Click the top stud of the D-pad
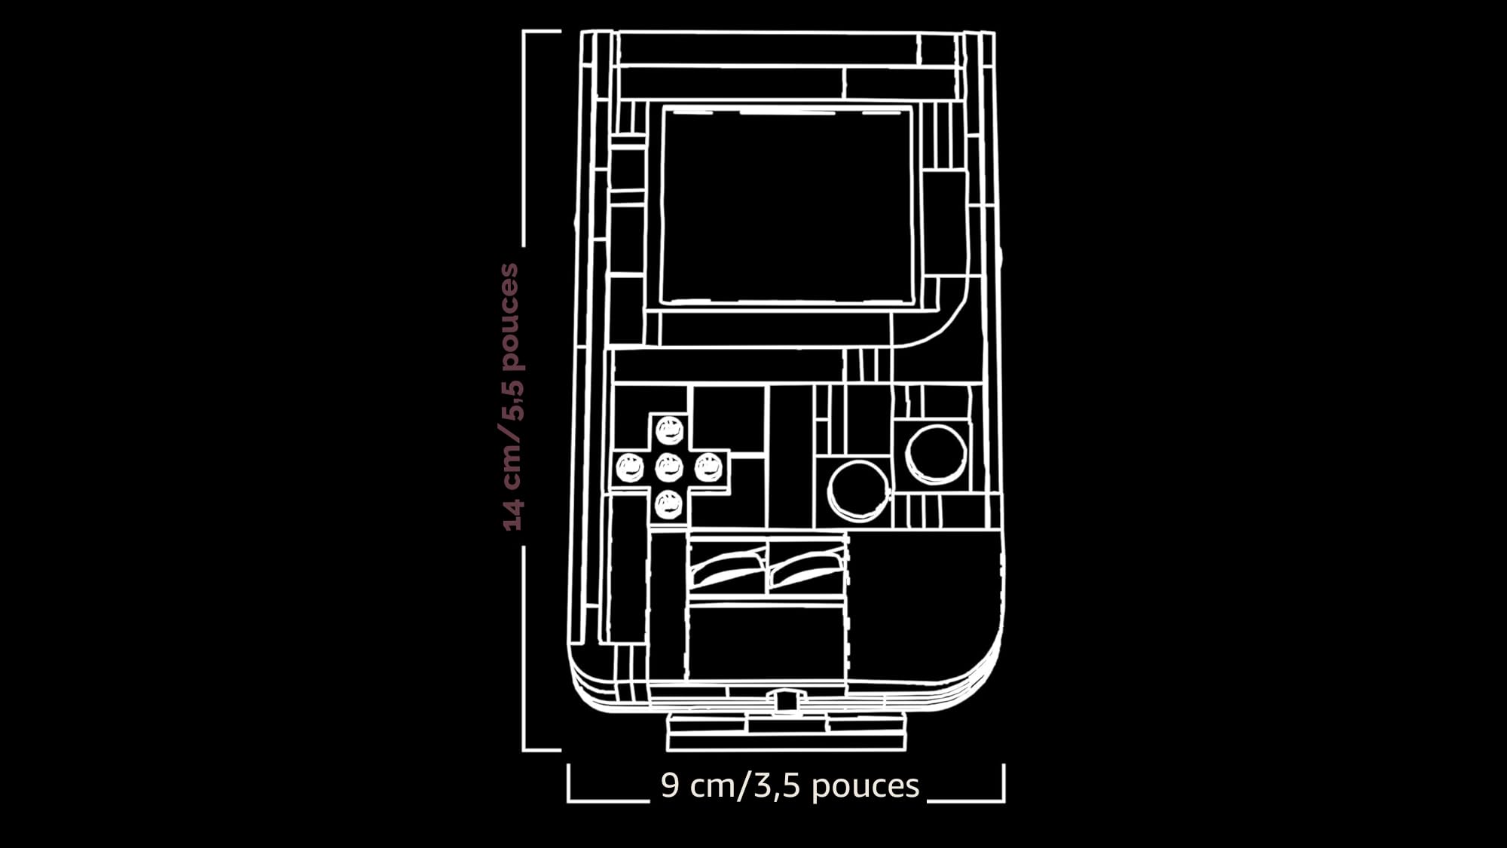[669, 431]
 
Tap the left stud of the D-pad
[630, 468]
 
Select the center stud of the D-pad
[669, 468]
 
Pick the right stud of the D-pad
[708, 468]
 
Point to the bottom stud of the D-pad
[669, 504]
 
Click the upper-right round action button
[936, 454]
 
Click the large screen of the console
[787, 205]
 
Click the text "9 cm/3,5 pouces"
[790, 785]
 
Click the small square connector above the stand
[786, 701]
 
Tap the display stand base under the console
[786, 731]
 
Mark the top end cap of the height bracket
[542, 31]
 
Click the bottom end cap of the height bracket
[542, 750]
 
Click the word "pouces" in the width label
[866, 787]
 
